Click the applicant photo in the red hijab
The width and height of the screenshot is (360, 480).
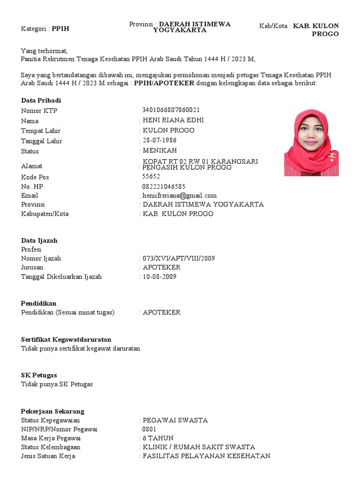[311, 142]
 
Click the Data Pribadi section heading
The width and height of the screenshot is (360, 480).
[41, 101]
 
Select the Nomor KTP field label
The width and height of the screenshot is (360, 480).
[39, 111]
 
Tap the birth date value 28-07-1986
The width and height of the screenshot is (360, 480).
[160, 141]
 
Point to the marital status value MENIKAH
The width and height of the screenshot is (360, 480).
[160, 151]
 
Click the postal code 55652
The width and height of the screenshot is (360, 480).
[151, 177]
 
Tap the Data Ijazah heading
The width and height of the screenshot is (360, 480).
[39, 240]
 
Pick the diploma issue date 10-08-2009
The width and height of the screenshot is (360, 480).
[160, 277]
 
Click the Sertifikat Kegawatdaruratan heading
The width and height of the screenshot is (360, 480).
[66, 339]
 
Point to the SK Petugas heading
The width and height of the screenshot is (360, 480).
[39, 375]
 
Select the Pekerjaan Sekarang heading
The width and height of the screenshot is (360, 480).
[53, 411]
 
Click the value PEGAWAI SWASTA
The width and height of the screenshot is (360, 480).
[175, 420]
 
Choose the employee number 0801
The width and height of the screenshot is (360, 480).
[150, 429]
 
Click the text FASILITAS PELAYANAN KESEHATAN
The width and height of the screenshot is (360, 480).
[206, 456]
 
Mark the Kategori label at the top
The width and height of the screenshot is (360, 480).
[35, 29]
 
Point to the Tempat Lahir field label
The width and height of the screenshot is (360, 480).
[41, 131]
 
